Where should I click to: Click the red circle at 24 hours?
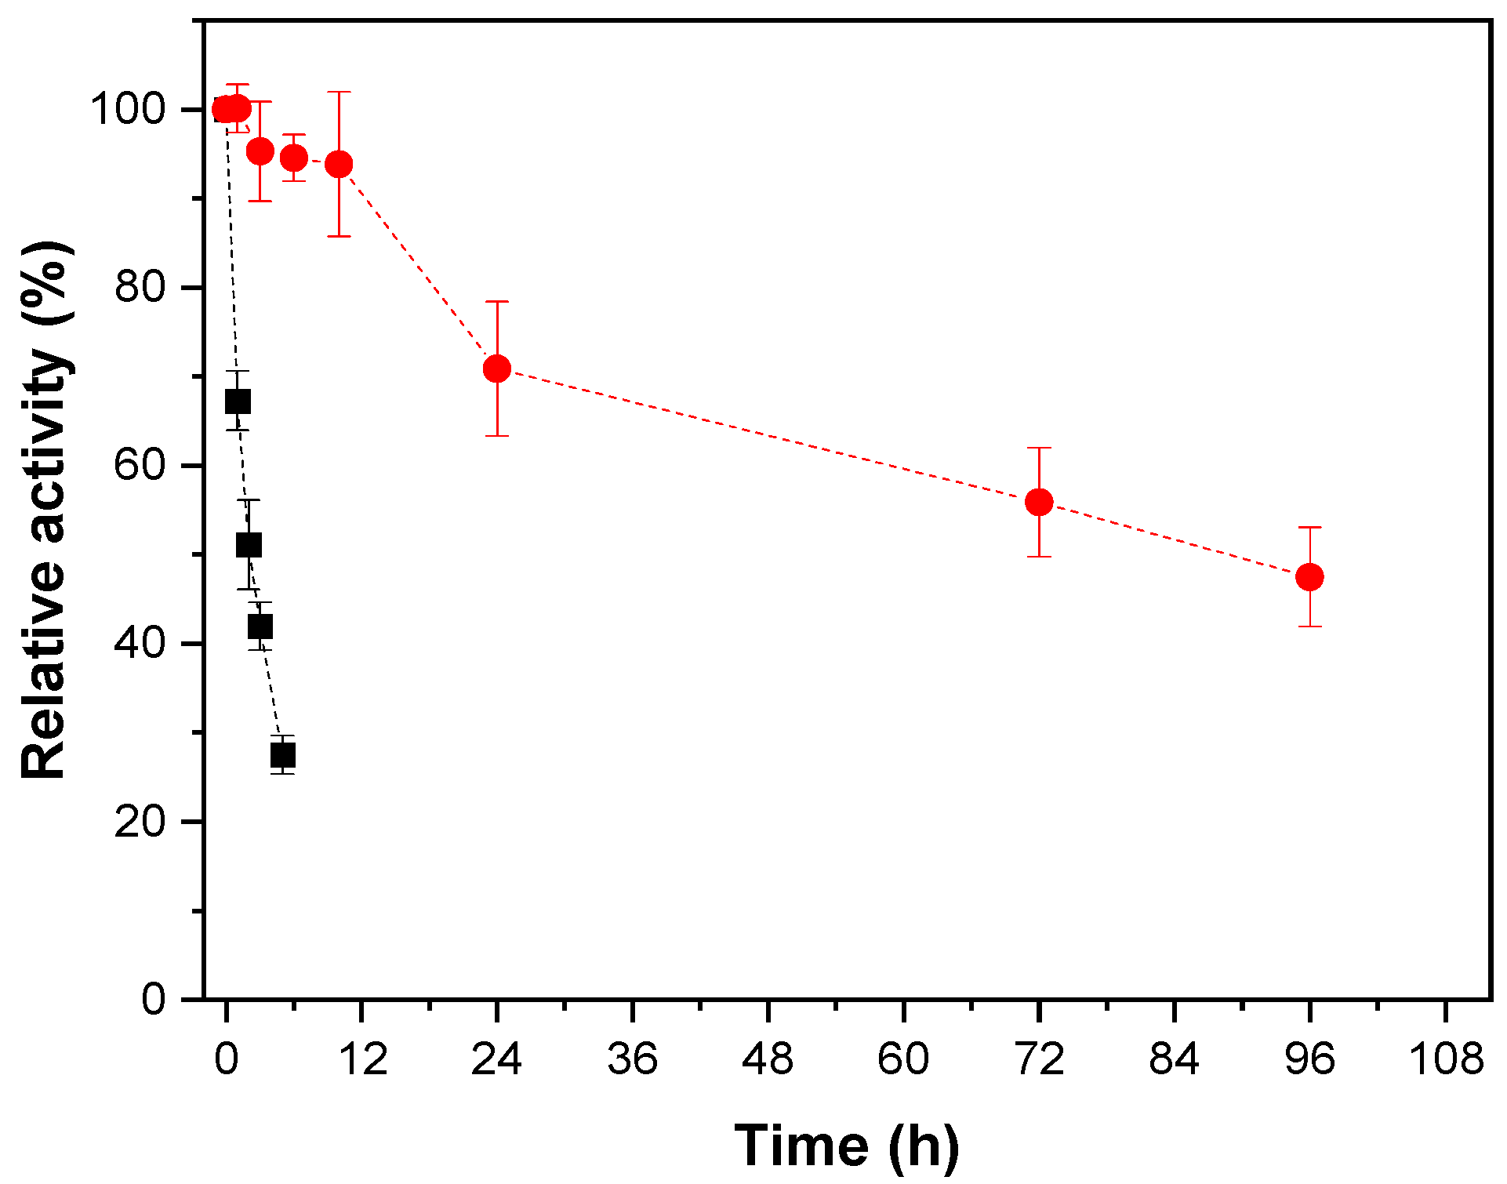click(x=496, y=369)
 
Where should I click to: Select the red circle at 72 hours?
click(x=1039, y=502)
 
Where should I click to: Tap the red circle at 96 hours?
click(x=1309, y=577)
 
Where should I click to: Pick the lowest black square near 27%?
click(x=283, y=755)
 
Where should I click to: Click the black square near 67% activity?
click(x=238, y=401)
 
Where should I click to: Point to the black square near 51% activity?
click(x=249, y=544)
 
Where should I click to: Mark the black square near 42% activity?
click(x=260, y=627)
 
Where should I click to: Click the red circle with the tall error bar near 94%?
click(x=339, y=164)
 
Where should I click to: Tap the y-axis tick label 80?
click(x=140, y=287)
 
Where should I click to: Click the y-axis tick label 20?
click(x=140, y=822)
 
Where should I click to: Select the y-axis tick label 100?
click(x=129, y=109)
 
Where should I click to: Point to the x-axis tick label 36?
click(x=632, y=1059)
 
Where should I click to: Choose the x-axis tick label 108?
click(x=1446, y=1059)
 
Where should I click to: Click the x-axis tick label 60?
click(x=903, y=1059)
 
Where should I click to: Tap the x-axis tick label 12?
click(x=362, y=1059)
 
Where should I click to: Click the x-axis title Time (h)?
click(x=847, y=1146)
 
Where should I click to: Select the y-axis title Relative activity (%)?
click(x=45, y=510)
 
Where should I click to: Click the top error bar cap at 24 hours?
click(x=496, y=301)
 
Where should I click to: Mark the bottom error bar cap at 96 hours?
click(x=1309, y=627)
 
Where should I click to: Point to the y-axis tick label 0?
click(x=154, y=1000)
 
